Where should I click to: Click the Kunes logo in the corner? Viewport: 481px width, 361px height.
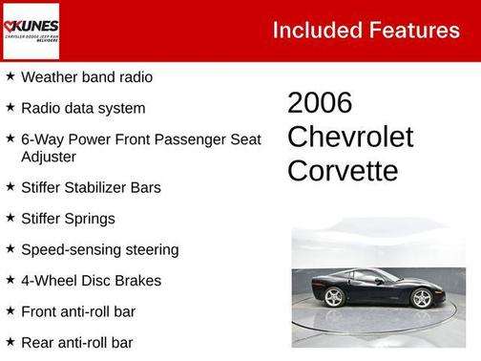31,30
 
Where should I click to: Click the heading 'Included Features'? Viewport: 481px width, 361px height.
366,30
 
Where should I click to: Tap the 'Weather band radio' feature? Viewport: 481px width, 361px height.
86,77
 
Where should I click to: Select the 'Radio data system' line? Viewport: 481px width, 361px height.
83,109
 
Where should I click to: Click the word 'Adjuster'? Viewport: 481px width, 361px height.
49,157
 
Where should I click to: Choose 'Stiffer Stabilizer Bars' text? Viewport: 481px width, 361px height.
91,188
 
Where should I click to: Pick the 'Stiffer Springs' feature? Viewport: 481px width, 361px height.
68,219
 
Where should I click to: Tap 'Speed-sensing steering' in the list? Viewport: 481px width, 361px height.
99,250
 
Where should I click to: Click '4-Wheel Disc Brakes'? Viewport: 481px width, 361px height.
91,281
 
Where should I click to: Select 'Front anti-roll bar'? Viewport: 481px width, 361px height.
77,311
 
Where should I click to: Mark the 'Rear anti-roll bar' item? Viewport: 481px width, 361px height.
76,342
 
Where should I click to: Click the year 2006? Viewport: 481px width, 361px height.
320,103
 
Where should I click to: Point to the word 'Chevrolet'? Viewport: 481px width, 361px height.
350,138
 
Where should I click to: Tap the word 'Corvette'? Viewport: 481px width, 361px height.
343,171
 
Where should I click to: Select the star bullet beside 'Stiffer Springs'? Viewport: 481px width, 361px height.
10,218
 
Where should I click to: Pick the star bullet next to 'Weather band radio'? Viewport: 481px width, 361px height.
10,76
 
